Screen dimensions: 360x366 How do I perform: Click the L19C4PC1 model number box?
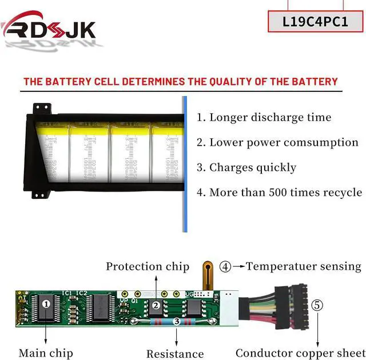[x=315, y=21]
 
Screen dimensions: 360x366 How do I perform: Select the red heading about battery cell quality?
[x=181, y=81]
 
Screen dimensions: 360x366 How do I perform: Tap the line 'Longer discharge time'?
[x=264, y=118]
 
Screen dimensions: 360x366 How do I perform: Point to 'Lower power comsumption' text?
[x=277, y=142]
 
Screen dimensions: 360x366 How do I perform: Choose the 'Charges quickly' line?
[x=246, y=167]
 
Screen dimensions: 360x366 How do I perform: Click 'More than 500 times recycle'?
[x=279, y=192]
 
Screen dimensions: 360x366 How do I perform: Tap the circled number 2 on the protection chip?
[x=156, y=305]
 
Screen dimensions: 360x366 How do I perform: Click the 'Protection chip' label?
[x=147, y=266]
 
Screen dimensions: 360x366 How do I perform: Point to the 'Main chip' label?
[x=46, y=353]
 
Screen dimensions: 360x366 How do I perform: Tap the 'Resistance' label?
[x=175, y=354]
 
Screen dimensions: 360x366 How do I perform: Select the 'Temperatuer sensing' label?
[x=304, y=266]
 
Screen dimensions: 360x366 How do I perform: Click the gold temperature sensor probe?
[x=209, y=275]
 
